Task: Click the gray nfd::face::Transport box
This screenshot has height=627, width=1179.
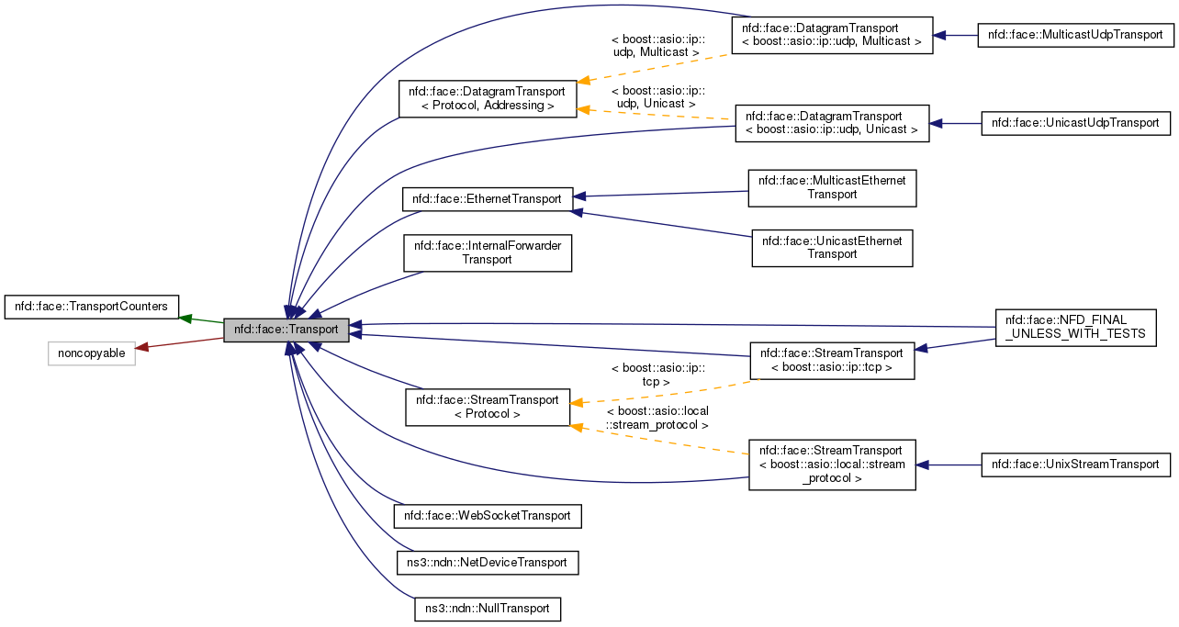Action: [x=286, y=329]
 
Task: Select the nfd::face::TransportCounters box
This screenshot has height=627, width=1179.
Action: [x=92, y=307]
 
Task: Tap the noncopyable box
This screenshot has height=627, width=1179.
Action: [x=92, y=353]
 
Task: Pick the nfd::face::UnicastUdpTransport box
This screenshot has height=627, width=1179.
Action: [x=1076, y=123]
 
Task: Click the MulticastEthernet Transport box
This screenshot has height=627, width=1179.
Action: [x=832, y=187]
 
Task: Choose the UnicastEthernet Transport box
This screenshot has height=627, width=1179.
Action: [x=832, y=248]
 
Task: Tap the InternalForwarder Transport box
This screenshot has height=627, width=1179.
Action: [x=488, y=252]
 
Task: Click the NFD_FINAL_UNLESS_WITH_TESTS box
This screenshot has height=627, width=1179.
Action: [x=1075, y=327]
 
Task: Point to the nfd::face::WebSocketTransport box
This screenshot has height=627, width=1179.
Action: [x=488, y=516]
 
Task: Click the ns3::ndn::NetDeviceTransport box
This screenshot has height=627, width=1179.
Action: [x=487, y=562]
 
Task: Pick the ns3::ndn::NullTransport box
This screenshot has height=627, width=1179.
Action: [x=487, y=608]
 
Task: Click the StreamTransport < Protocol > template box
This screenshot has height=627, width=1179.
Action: [x=488, y=407]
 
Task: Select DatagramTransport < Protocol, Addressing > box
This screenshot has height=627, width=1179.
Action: [x=488, y=98]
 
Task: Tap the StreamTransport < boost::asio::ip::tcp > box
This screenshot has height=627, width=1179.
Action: [x=832, y=361]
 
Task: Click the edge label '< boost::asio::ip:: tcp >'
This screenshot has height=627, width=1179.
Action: [x=657, y=375]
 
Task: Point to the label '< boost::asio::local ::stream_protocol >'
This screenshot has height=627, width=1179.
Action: [x=657, y=419]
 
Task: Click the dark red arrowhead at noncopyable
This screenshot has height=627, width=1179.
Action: [x=143, y=347]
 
